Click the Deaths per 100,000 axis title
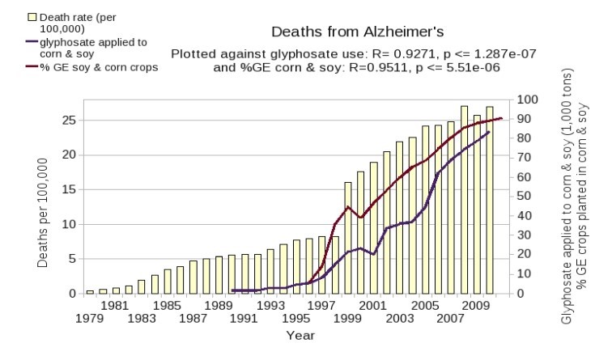(41, 212)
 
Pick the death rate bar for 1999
(347, 238)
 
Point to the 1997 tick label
(321, 307)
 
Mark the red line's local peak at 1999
(347, 207)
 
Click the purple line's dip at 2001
(373, 254)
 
